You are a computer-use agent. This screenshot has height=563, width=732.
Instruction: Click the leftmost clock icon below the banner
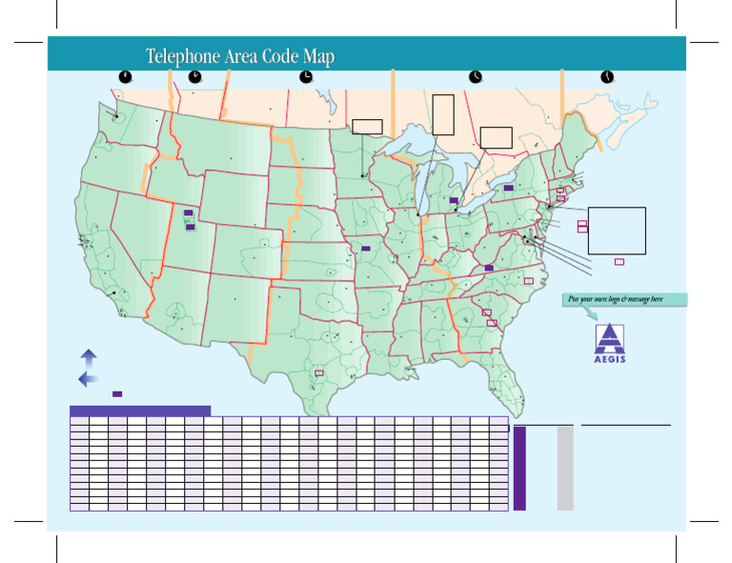click(x=125, y=76)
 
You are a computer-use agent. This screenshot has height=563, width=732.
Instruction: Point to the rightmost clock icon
click(x=606, y=76)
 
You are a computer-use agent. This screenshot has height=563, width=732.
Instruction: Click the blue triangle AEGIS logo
click(x=610, y=340)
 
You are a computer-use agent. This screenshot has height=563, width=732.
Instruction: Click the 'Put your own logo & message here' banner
click(x=624, y=299)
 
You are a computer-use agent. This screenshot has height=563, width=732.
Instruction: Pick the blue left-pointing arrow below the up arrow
click(x=88, y=379)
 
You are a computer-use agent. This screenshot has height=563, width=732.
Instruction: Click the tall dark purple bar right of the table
click(x=519, y=468)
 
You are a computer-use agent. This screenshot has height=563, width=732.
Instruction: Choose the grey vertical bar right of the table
click(x=565, y=468)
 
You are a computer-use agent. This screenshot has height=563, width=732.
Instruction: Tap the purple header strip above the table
click(x=140, y=411)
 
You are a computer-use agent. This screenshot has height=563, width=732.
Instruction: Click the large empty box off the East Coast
click(x=617, y=231)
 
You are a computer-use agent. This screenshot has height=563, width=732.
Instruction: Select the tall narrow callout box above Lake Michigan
click(x=443, y=114)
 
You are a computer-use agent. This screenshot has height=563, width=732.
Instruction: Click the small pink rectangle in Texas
click(x=319, y=372)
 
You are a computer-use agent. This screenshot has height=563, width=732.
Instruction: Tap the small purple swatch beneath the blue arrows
click(x=117, y=393)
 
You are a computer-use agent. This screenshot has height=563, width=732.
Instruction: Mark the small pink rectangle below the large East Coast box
click(x=620, y=261)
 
